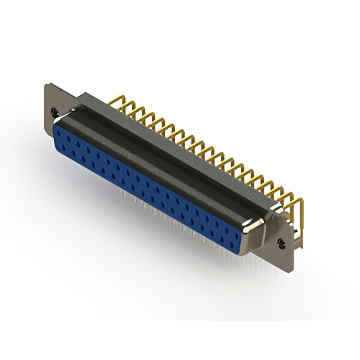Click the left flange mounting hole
[x=54, y=112]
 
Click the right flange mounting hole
[x=281, y=242]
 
